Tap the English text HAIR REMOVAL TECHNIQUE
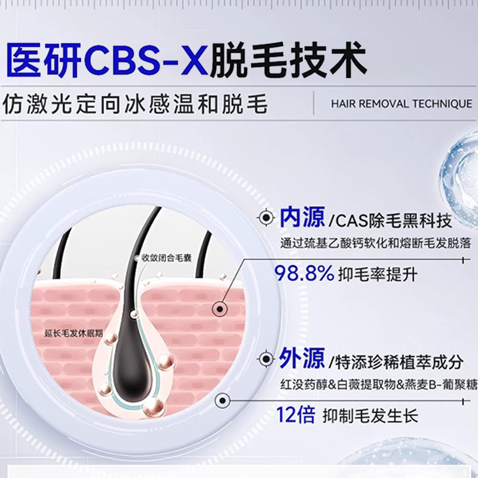(402, 104)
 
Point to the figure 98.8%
(305, 273)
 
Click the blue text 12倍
(295, 415)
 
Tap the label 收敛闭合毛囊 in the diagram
(167, 259)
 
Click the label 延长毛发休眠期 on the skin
(73, 333)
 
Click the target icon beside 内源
(266, 217)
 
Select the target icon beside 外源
(266, 359)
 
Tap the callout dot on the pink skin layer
(220, 310)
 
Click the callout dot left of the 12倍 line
(222, 400)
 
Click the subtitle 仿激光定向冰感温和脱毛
(136, 104)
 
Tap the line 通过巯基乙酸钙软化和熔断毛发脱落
(376, 244)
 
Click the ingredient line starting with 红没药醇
(379, 385)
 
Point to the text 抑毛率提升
(378, 274)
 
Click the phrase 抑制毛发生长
(370, 415)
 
